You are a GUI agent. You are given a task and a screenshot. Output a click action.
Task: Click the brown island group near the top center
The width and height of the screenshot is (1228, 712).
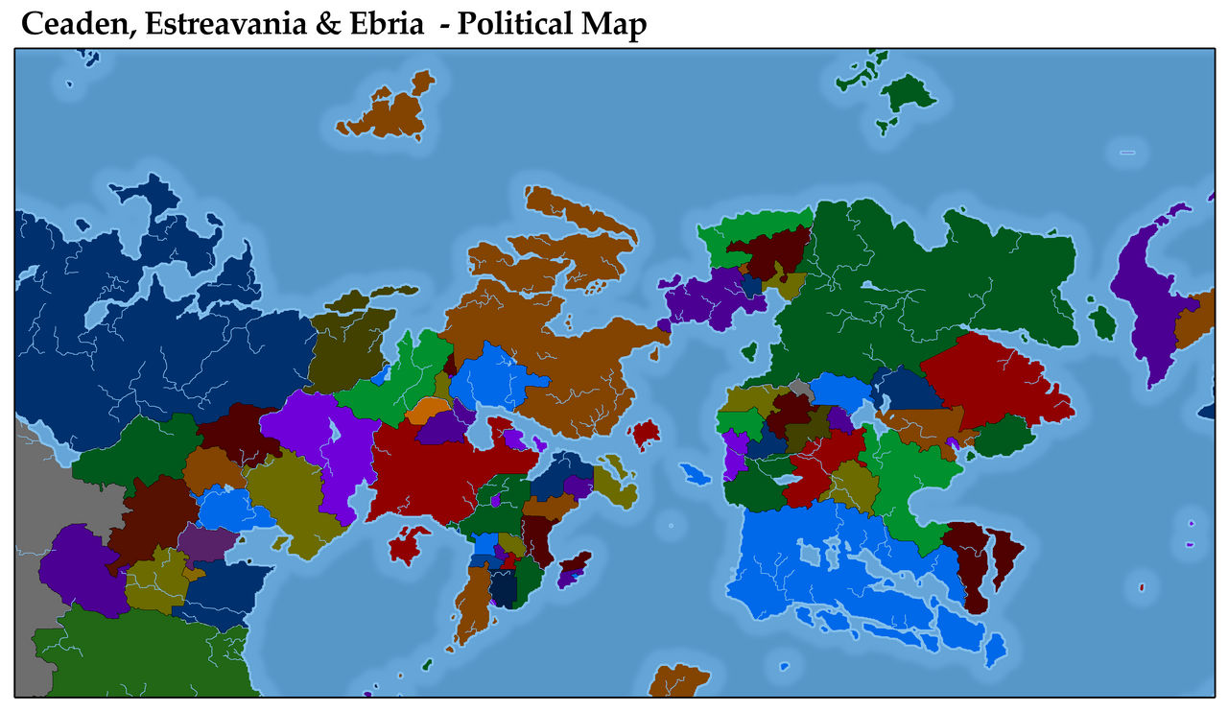click(x=389, y=113)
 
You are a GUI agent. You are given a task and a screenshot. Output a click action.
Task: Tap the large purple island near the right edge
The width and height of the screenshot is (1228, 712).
click(x=1148, y=297)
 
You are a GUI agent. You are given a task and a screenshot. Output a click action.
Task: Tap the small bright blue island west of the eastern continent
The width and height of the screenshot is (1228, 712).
click(x=693, y=474)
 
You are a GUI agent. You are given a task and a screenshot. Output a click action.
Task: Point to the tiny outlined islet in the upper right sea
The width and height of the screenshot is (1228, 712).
click(x=1127, y=153)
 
